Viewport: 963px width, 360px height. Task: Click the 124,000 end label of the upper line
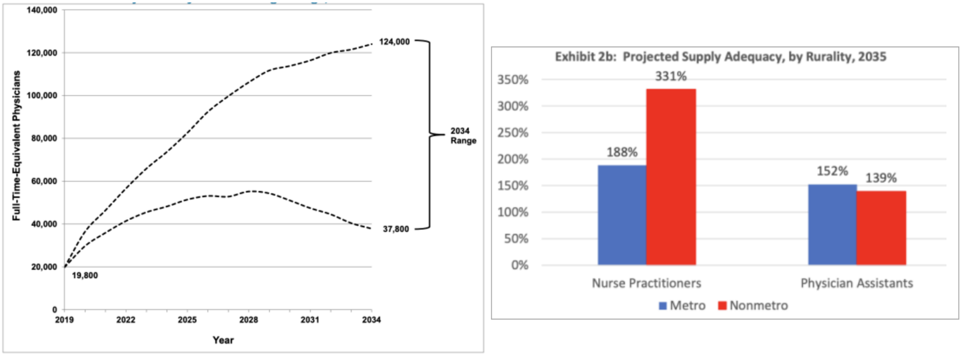click(x=394, y=42)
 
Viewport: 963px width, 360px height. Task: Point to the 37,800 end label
click(x=395, y=229)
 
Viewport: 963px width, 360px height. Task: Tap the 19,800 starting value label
click(x=85, y=275)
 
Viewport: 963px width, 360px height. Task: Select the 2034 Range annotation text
click(x=463, y=135)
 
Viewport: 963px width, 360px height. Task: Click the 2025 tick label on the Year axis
click(x=187, y=320)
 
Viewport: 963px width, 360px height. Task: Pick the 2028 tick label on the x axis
click(x=249, y=320)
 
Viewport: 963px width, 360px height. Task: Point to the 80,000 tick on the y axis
click(x=44, y=138)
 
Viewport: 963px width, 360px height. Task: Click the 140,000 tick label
click(x=42, y=10)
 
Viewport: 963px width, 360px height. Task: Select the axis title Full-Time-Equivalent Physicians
click(x=16, y=146)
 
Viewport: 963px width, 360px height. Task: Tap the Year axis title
click(x=223, y=340)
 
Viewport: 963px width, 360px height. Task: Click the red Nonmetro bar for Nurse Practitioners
click(x=671, y=177)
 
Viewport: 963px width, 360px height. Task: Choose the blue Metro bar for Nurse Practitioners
click(x=622, y=215)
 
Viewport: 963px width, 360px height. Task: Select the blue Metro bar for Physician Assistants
click(x=832, y=225)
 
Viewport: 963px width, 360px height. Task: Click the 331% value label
click(x=671, y=76)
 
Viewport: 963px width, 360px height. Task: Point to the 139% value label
click(x=881, y=178)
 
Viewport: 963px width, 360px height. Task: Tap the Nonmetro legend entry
click(x=753, y=305)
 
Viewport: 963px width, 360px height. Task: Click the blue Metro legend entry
click(x=682, y=305)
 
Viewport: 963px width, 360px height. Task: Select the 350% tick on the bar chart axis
click(x=513, y=79)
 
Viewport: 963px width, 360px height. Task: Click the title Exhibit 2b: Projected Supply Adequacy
click(x=720, y=57)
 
